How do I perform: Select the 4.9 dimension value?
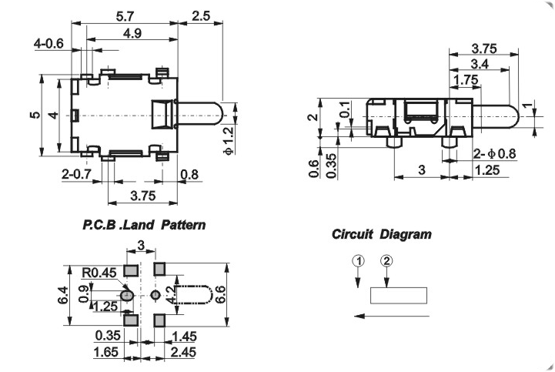pyautogui.click(x=132, y=33)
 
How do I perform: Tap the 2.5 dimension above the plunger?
pyautogui.click(x=201, y=15)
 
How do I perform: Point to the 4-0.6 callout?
pyautogui.click(x=48, y=44)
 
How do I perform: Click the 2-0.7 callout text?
pyautogui.click(x=77, y=175)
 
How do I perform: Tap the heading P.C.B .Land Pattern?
pyautogui.click(x=144, y=226)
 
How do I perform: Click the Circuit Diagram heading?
pyautogui.click(x=382, y=234)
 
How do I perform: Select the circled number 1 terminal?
pyautogui.click(x=358, y=261)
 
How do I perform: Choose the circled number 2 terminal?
pyautogui.click(x=386, y=261)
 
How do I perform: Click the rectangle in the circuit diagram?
pyautogui.click(x=399, y=296)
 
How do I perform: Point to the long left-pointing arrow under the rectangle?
pyautogui.click(x=390, y=315)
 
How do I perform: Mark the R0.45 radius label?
pyautogui.click(x=99, y=271)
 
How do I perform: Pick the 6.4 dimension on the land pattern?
pyautogui.click(x=63, y=295)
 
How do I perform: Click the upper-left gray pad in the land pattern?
pyautogui.click(x=131, y=269)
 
